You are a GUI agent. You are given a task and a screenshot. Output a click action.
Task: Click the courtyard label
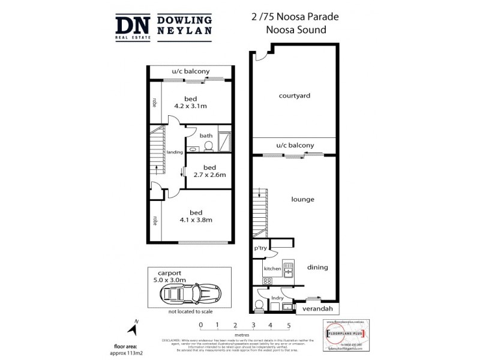[x=294, y=95]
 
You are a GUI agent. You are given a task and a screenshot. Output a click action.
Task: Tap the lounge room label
[x=303, y=199]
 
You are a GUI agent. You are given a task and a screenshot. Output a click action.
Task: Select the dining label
[x=317, y=267]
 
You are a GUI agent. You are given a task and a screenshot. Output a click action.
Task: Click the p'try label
[x=260, y=248]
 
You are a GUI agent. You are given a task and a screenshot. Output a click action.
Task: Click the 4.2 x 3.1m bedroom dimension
[x=191, y=106]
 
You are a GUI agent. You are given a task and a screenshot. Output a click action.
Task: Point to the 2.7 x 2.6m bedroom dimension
[x=209, y=175]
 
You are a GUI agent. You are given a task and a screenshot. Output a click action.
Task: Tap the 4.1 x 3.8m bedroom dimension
[x=196, y=220]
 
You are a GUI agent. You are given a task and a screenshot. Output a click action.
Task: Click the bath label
[x=206, y=136]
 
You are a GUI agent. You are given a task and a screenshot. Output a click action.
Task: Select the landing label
[x=175, y=152]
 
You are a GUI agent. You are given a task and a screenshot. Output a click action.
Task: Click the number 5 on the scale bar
[x=289, y=326]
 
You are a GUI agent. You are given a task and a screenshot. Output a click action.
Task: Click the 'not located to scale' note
[x=190, y=312]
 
